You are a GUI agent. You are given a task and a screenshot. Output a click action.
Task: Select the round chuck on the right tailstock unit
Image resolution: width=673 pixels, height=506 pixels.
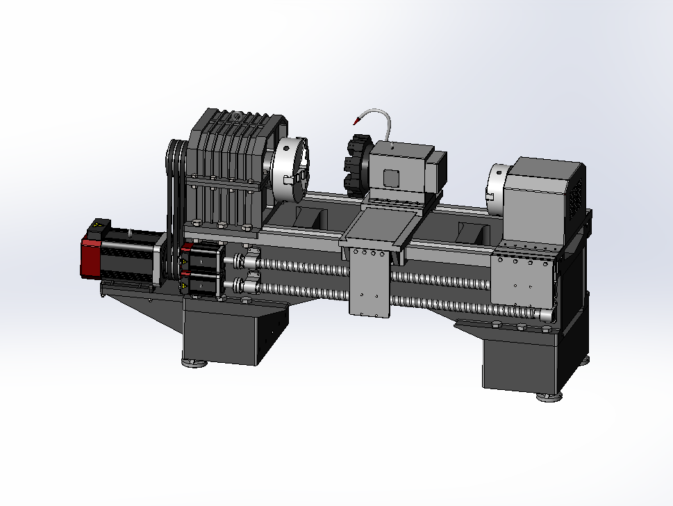pyautogui.click(x=497, y=183)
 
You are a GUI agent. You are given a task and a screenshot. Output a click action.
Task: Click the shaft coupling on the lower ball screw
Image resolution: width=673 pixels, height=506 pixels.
pyautogui.click(x=247, y=284)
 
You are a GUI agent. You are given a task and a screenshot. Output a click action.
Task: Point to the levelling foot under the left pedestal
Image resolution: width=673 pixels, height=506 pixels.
pyautogui.click(x=194, y=362)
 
